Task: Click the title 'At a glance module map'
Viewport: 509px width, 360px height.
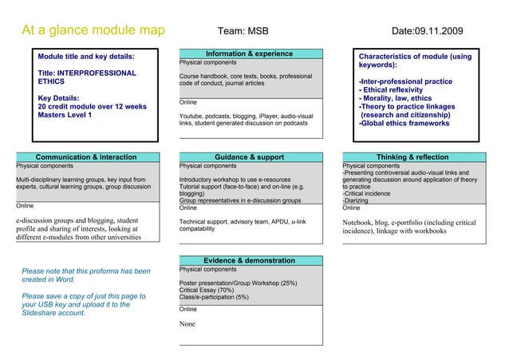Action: click(x=93, y=31)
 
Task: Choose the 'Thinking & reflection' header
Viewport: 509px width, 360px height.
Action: click(x=412, y=157)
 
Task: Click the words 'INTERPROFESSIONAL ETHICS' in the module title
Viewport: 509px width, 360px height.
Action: click(x=87, y=77)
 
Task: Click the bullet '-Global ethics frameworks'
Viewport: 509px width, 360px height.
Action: click(x=404, y=124)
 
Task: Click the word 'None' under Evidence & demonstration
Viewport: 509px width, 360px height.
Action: click(x=187, y=324)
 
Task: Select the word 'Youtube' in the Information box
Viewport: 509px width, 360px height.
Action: click(x=192, y=116)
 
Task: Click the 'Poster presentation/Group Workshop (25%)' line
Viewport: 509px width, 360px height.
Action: click(x=238, y=283)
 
